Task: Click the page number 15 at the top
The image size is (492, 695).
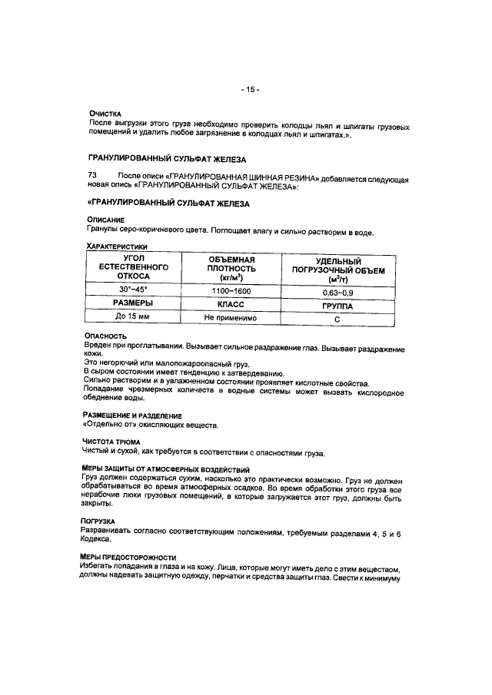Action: [249, 89]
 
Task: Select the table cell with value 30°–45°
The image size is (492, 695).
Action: [133, 290]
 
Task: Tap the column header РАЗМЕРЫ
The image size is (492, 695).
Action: [133, 303]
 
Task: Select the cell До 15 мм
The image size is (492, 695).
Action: [133, 317]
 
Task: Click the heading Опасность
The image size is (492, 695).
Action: [105, 336]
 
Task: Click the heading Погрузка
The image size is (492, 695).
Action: [101, 521]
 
